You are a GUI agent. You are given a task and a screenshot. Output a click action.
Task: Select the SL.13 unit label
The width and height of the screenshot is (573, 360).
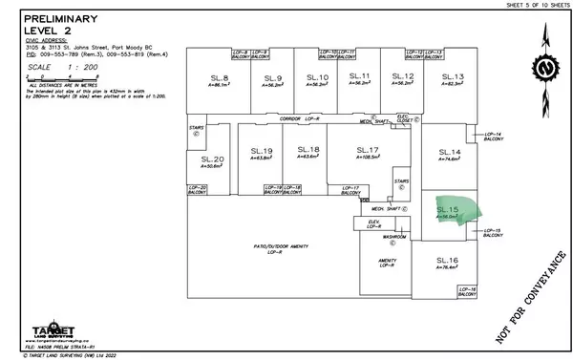pyautogui.click(x=453, y=77)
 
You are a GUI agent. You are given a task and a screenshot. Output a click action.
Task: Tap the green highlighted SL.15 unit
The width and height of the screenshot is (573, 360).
pyautogui.click(x=453, y=211)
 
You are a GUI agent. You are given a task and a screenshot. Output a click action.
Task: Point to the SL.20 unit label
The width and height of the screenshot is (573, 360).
pyautogui.click(x=212, y=159)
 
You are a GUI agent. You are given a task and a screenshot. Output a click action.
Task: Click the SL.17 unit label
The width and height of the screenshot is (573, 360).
pyautogui.click(x=368, y=150)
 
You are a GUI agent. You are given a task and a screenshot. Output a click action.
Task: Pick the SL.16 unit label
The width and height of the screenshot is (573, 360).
pyautogui.click(x=447, y=261)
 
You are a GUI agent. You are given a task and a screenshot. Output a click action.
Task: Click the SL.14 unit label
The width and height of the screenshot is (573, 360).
pyautogui.click(x=449, y=153)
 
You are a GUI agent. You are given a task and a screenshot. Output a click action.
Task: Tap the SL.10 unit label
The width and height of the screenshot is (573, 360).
pyautogui.click(x=316, y=77)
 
